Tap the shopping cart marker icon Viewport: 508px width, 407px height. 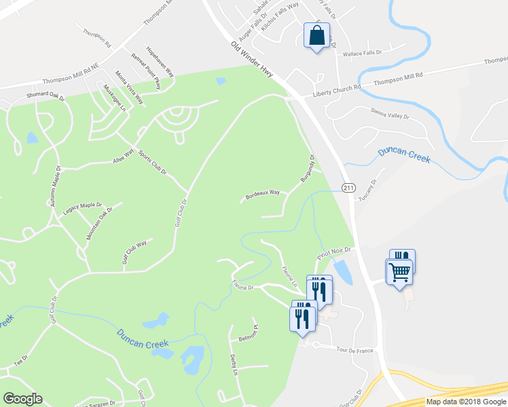pos(399,273)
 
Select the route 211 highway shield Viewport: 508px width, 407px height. pos(348,187)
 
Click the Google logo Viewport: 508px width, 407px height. pos(22,399)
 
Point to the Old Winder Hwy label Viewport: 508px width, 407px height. pos(252,59)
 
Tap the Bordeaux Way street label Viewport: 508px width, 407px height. pos(263,193)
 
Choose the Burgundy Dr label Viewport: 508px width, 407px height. pos(308,168)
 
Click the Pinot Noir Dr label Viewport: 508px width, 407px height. pos(333,253)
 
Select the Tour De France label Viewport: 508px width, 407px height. pos(355,350)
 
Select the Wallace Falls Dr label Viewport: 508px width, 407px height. pos(363,53)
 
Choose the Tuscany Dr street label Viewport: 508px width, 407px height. pos(367,181)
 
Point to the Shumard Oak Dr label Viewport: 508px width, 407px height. pos(45,97)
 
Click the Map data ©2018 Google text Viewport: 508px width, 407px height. pos(466,402)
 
